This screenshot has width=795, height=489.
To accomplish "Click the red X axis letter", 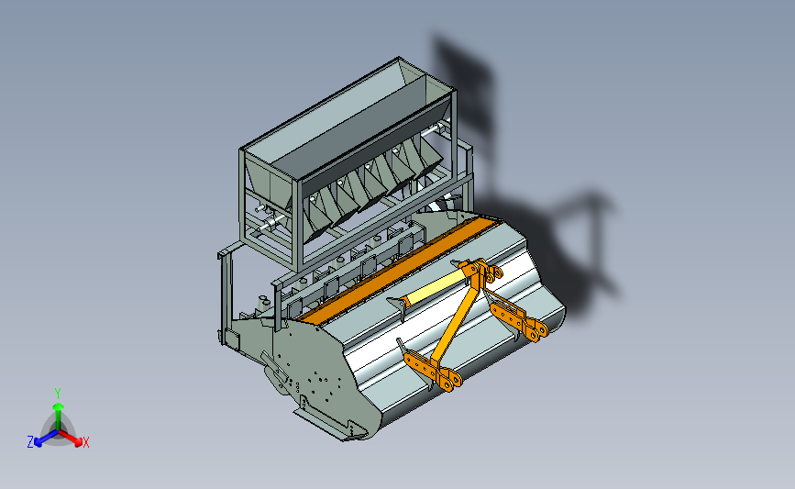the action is (x=85, y=442).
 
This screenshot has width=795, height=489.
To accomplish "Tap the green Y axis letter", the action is (x=58, y=394).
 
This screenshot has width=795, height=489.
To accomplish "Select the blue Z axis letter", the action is (x=30, y=442).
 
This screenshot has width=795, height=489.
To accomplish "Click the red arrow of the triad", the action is (x=70, y=438).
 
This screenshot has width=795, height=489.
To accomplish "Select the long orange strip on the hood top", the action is (x=399, y=268).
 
